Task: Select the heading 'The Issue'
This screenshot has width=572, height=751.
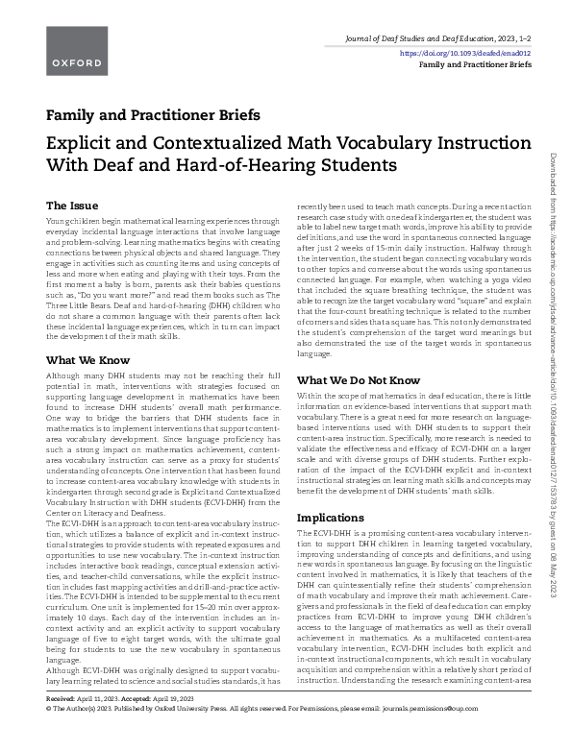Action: [70, 206]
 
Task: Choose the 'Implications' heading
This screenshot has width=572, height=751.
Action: [330, 518]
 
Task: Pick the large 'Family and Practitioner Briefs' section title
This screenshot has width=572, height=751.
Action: [153, 116]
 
